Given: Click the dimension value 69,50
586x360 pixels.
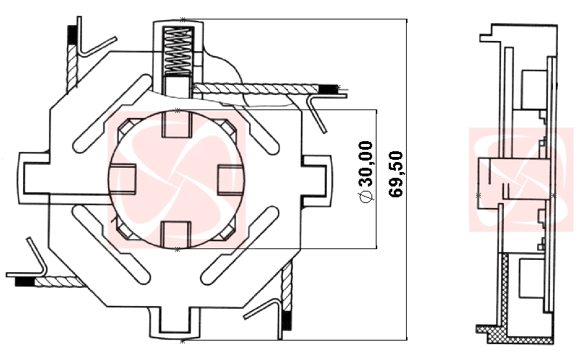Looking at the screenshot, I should pos(395,174).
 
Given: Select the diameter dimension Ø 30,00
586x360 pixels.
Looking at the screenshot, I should pos(366,173).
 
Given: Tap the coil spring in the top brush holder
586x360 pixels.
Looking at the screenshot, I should pos(177,50).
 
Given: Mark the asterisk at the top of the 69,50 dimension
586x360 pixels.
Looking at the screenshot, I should pos(182,19).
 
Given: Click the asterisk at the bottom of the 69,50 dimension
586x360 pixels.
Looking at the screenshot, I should pos(182,340).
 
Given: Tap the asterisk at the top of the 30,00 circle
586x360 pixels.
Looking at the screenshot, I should pos(177,109).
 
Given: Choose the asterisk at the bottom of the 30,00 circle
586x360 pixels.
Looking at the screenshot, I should pos(177,249).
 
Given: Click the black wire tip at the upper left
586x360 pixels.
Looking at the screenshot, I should pos(72,34).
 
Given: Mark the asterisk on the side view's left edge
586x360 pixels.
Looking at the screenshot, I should pos(479,195).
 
